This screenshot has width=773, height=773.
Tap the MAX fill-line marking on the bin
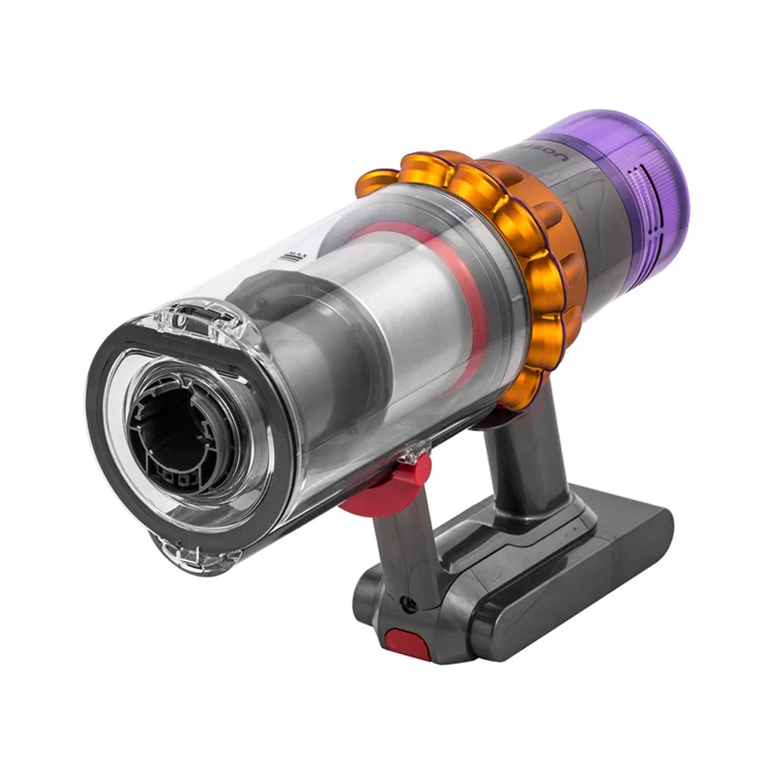(292, 256)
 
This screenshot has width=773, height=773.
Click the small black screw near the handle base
(407, 605)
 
